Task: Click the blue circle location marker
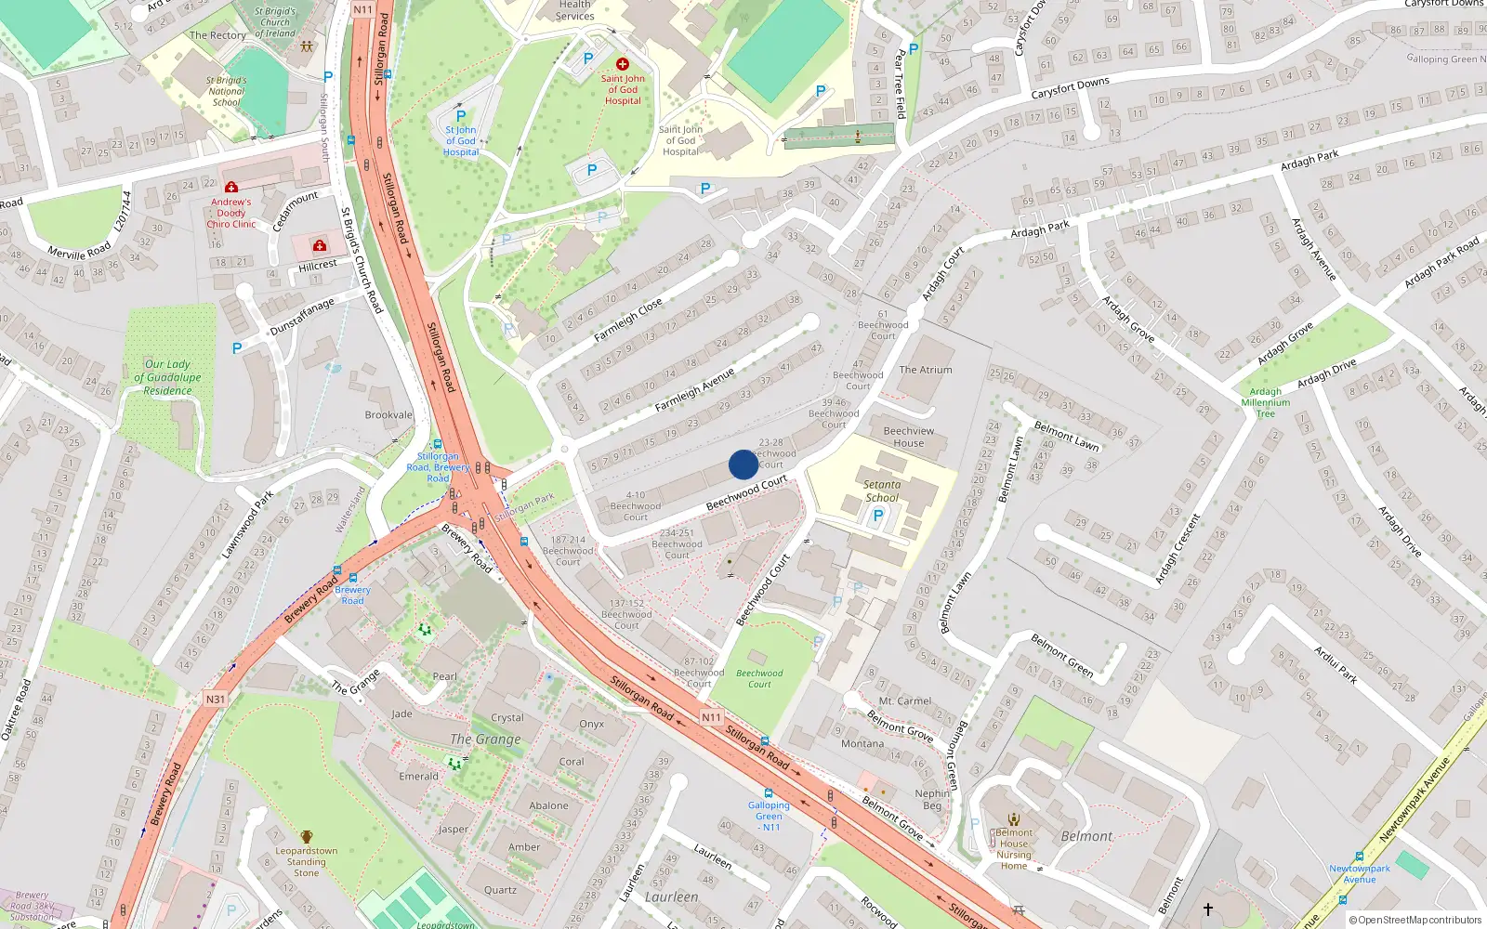point(743,464)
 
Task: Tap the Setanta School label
point(881,491)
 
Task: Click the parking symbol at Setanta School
point(877,516)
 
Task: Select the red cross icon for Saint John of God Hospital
point(623,64)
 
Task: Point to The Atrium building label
point(926,370)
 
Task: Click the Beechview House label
point(909,437)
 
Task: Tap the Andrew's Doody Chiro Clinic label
point(230,213)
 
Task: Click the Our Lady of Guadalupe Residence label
point(167,377)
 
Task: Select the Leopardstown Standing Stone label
point(307,861)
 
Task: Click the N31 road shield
point(216,700)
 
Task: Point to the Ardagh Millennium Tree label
point(1266,402)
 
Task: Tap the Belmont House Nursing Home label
point(1014,849)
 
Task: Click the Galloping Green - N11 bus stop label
point(770,816)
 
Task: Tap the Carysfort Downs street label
point(1070,88)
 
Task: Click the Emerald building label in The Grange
point(418,777)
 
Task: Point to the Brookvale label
point(388,415)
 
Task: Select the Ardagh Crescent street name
point(1178,549)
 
